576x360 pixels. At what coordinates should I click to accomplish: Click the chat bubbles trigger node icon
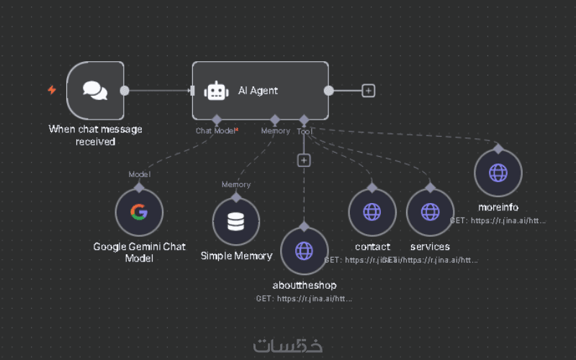95,90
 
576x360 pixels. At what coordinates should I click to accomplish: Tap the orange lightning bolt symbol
52,90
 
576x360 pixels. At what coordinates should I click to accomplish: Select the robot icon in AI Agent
216,91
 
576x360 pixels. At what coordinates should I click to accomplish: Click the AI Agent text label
258,91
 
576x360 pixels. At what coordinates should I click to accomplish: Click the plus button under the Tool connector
304,160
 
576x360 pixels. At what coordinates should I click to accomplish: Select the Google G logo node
139,212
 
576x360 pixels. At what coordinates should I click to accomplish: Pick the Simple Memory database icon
235,222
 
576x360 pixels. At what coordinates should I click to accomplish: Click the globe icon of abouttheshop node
304,251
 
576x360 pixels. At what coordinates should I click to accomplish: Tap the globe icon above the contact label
372,212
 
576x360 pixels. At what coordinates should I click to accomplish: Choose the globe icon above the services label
430,212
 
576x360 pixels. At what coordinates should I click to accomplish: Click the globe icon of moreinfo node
498,174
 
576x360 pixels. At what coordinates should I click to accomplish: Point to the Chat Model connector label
215,131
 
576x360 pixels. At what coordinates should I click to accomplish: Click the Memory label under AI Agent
275,131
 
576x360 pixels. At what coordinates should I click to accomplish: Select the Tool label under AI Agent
304,131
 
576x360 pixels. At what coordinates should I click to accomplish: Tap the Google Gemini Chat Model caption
139,252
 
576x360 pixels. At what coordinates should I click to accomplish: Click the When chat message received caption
95,135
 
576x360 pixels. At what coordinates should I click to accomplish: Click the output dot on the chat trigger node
125,91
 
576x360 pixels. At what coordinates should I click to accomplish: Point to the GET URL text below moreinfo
498,220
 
